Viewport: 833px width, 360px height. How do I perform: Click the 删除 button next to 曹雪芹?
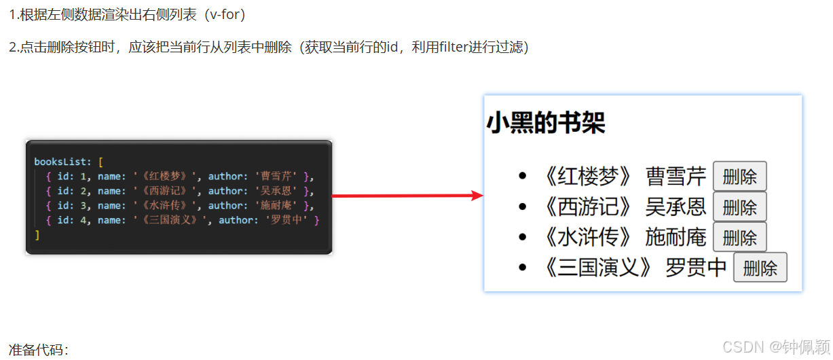pos(739,177)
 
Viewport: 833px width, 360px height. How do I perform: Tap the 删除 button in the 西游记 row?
pos(739,206)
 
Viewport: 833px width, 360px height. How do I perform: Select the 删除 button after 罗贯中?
pos(760,268)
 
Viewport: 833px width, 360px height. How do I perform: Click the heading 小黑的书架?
pos(546,124)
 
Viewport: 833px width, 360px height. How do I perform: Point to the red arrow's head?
pos(477,196)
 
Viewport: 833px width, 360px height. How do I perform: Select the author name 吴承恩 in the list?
pos(675,206)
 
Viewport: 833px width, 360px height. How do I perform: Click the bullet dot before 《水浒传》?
pos(521,237)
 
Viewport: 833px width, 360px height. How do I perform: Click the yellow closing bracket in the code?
pos(37,235)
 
